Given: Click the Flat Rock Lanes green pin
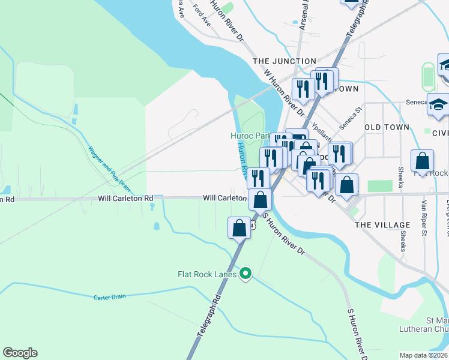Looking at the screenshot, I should click(245, 274).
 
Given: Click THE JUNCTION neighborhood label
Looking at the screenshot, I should click(285, 61).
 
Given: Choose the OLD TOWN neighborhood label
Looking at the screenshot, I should click(387, 127).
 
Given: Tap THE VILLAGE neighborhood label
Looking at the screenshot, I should click(382, 224).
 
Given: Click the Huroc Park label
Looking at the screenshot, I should click(250, 136).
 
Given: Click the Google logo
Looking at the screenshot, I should click(20, 353).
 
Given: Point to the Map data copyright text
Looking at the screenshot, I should click(424, 355).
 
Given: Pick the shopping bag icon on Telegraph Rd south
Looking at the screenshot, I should click(239, 229).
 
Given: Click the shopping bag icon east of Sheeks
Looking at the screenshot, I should click(422, 161).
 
